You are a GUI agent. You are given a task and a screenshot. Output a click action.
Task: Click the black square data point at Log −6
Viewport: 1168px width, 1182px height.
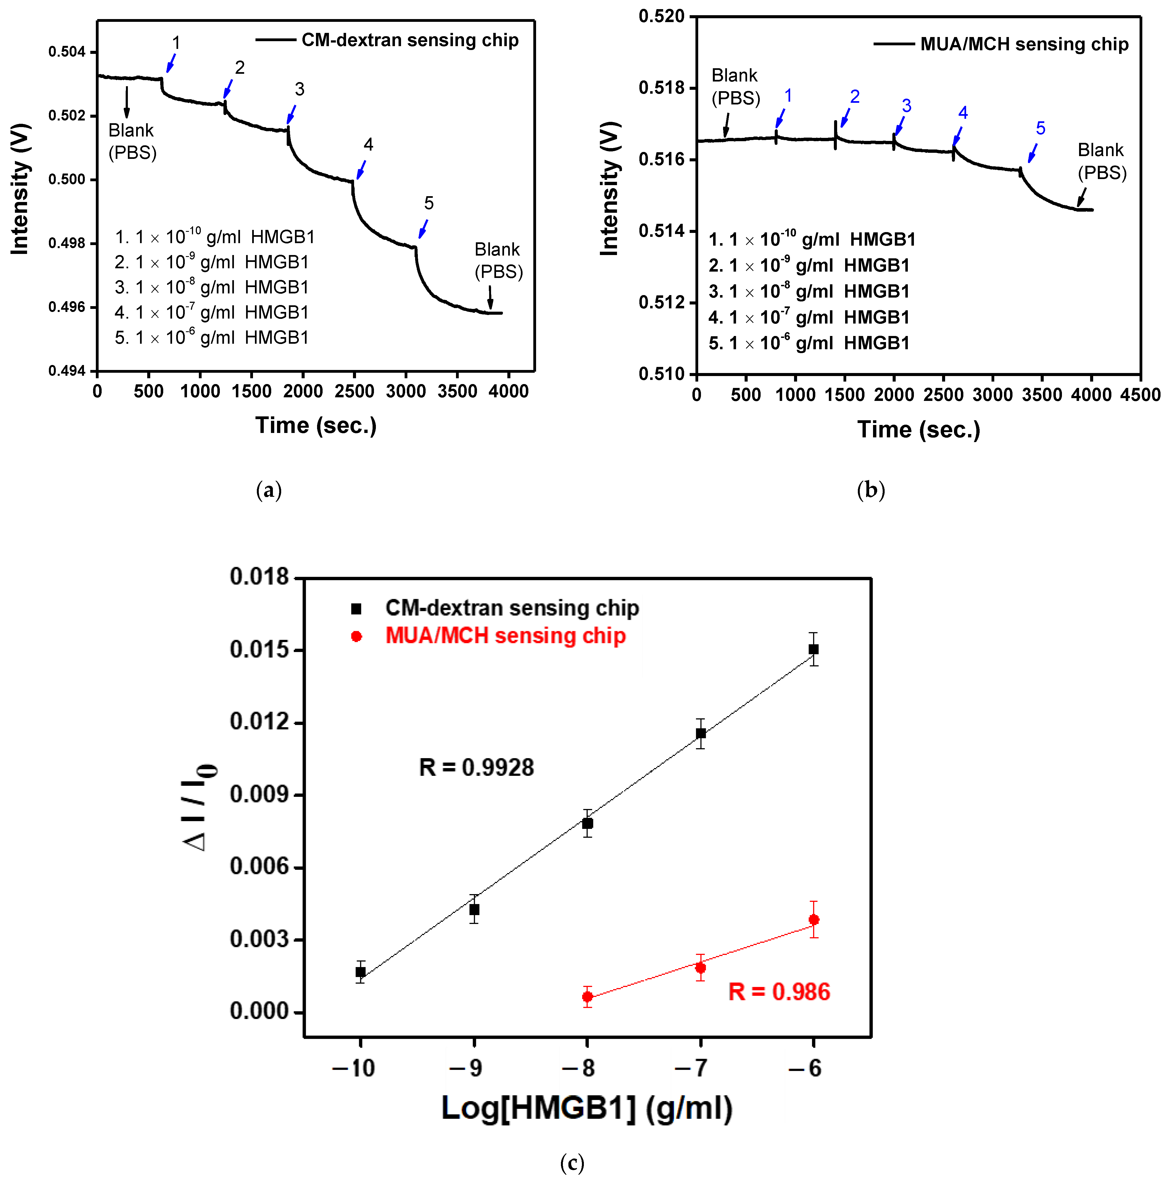[813, 649]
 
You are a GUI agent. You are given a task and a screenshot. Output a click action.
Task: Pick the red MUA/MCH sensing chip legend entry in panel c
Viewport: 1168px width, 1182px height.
[505, 636]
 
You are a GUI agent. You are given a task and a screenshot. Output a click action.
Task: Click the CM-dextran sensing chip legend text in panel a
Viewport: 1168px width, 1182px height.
[410, 40]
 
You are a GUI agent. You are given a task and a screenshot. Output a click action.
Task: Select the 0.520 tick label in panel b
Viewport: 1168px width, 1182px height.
[661, 17]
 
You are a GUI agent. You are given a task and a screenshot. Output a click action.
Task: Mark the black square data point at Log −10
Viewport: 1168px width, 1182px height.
[361, 972]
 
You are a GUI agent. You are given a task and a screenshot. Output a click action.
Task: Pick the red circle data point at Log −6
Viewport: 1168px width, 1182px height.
[813, 920]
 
